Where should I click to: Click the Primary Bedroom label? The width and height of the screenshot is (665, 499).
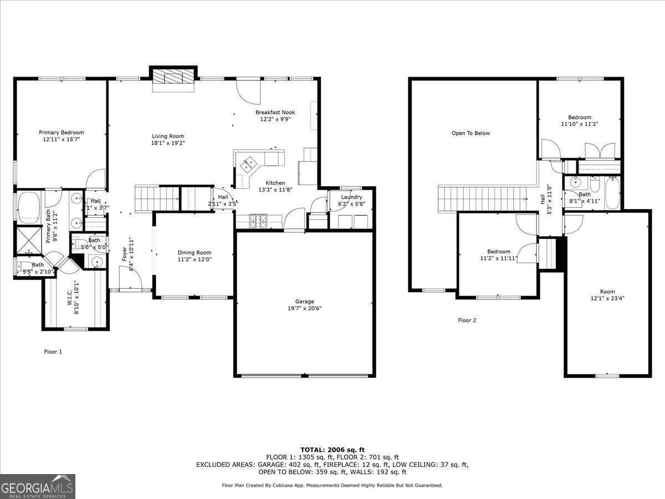61,133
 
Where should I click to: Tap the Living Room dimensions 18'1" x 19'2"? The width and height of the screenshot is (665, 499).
168,143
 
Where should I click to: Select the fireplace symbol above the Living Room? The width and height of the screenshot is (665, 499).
173,77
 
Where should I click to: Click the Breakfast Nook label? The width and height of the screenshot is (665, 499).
272,112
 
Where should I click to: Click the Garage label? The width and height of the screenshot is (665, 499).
304,302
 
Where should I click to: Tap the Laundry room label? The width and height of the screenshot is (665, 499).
351,197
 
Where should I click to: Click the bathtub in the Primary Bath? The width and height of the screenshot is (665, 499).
27,207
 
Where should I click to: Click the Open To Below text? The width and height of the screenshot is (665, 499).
470,133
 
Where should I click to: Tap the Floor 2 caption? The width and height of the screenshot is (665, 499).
467,320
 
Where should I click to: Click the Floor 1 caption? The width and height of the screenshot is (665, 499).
53,351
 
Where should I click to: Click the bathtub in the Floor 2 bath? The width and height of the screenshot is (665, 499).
612,193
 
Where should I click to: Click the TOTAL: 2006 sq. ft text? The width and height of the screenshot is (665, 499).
332,450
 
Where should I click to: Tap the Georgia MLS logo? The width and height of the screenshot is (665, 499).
38,486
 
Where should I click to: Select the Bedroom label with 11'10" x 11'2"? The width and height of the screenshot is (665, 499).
579,118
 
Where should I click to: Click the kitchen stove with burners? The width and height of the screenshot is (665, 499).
259,221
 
